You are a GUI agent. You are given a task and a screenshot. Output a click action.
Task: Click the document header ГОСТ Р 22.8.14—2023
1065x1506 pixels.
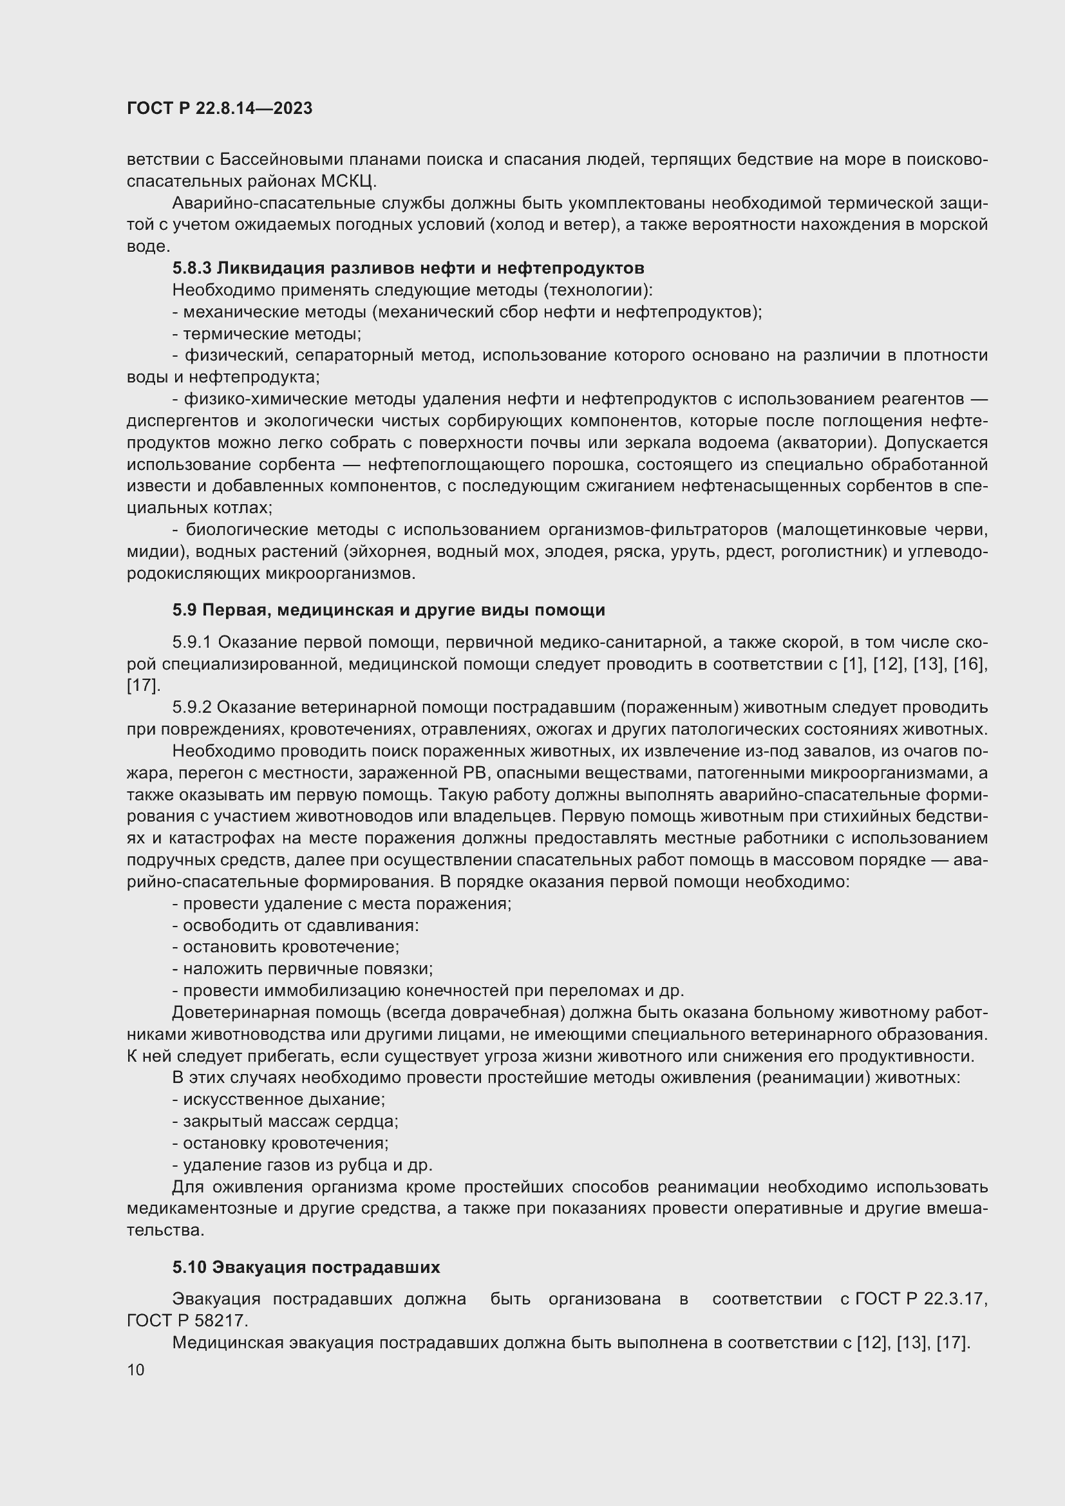click(x=219, y=109)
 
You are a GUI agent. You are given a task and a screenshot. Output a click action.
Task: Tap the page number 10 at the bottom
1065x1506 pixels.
click(x=136, y=1370)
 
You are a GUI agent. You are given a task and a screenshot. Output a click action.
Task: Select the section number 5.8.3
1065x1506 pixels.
click(x=191, y=268)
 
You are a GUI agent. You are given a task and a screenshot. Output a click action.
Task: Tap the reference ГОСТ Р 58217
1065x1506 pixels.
click(x=187, y=1321)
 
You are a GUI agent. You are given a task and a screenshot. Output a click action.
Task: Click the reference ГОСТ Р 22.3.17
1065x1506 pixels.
click(x=921, y=1299)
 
